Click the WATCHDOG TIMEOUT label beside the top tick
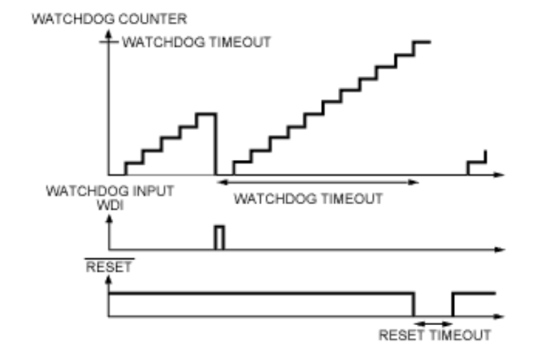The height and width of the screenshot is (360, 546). (x=196, y=42)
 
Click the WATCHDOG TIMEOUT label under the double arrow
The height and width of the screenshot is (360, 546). (x=308, y=199)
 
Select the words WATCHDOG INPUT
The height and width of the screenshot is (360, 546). (x=109, y=191)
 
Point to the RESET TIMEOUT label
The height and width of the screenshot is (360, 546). (x=434, y=335)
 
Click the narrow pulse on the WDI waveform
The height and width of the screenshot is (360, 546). (x=219, y=237)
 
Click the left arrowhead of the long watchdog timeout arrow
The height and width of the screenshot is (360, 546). (x=220, y=182)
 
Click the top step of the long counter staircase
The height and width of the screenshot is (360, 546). (x=421, y=42)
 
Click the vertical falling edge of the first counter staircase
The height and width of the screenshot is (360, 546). (x=215, y=143)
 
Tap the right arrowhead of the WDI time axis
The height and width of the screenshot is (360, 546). (x=502, y=249)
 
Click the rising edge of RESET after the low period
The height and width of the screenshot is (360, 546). (x=452, y=304)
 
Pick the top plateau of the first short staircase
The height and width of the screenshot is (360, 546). (x=205, y=114)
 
